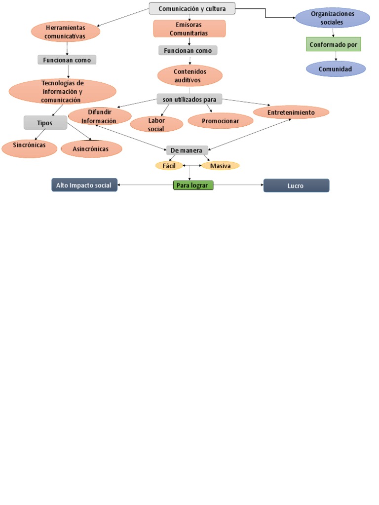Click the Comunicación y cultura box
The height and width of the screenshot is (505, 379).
(x=192, y=8)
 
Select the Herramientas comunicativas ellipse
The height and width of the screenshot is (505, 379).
(x=66, y=32)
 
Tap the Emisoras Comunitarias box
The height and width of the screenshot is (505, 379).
(x=189, y=29)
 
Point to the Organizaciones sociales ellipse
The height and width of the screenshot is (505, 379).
(x=332, y=18)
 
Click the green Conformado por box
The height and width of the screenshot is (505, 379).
(x=333, y=45)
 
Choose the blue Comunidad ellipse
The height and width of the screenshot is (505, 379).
(x=336, y=69)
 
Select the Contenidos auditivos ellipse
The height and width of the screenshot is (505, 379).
(x=190, y=75)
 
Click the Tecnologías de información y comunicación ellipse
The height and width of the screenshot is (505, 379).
(x=62, y=91)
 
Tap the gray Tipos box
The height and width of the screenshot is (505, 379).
(x=45, y=122)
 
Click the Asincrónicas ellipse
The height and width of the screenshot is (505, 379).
(x=91, y=148)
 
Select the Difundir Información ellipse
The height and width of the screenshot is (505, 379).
(x=99, y=116)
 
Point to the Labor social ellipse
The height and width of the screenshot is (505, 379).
(x=156, y=124)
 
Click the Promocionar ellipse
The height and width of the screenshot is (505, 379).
(x=221, y=121)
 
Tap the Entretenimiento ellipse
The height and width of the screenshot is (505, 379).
(x=291, y=112)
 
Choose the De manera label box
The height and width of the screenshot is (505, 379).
(x=187, y=150)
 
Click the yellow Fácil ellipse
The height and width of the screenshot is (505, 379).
(x=169, y=166)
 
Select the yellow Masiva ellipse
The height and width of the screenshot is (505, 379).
(x=220, y=166)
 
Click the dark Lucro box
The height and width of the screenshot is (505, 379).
(x=296, y=186)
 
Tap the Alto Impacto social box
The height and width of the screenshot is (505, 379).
(x=84, y=185)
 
